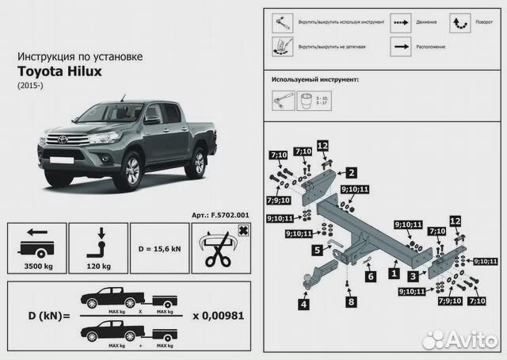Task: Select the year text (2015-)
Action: point(29,85)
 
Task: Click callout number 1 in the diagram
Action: point(394,272)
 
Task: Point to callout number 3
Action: point(414,278)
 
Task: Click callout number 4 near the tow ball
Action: point(304,302)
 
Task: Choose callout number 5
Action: point(315,249)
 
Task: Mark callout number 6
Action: point(370,278)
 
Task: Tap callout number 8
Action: point(351,301)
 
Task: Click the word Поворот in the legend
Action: point(483,24)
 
